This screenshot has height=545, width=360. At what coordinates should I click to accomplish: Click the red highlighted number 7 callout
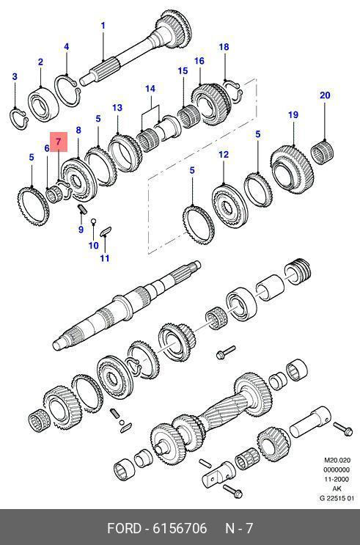[58, 142]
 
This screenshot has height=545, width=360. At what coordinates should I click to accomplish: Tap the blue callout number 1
[103, 26]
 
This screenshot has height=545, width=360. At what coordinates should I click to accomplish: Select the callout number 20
[325, 95]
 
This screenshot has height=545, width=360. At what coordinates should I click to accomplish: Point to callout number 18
[224, 46]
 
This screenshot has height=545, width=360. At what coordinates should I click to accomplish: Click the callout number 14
[150, 89]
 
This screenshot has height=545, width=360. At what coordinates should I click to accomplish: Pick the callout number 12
[224, 154]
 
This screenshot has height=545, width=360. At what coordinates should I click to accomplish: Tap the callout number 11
[105, 258]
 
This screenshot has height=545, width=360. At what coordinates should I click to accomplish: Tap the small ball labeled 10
[93, 221]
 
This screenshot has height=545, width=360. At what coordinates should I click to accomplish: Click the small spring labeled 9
[82, 208]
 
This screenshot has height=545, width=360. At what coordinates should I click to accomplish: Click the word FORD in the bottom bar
[124, 528]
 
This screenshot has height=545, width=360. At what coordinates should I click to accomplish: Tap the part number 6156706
[180, 528]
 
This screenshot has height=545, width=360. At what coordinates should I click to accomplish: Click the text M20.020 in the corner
[337, 460]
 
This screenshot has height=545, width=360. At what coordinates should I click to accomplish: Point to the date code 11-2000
[337, 479]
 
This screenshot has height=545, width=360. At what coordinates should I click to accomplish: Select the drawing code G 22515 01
[337, 499]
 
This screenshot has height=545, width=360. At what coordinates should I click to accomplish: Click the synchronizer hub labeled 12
[229, 206]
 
